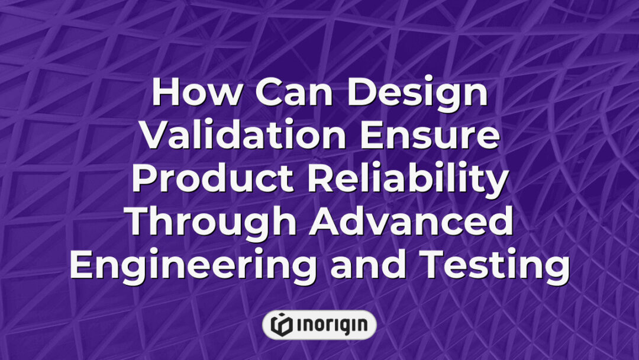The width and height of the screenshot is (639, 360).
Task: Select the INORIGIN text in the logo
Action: (331, 325)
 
